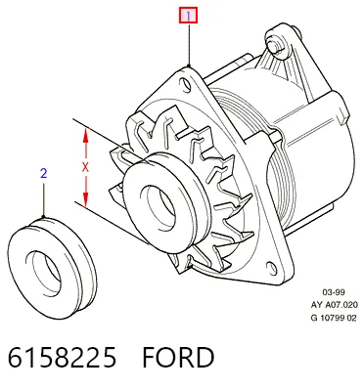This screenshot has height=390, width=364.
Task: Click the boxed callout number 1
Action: pos(188,16)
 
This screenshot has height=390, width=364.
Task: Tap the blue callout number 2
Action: pos(44,173)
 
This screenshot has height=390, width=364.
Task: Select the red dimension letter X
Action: pos(85,168)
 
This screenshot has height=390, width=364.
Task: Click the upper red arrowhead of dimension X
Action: pos(85,135)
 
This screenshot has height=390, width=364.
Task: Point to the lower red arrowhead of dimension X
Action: pos(85,199)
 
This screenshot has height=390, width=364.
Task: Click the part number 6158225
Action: pos(62,358)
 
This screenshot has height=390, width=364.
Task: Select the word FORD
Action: pos(178,358)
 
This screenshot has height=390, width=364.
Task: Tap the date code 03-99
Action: pos(334,292)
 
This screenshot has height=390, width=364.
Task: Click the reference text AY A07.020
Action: pos(334,305)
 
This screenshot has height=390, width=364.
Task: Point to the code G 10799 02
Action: pos(334,318)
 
